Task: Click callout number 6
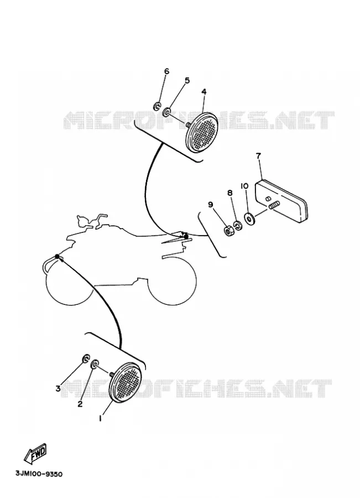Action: [166, 71]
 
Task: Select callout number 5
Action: [187, 80]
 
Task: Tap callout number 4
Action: [204, 91]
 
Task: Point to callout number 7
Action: [258, 155]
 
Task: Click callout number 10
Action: [244, 186]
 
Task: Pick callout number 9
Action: [211, 205]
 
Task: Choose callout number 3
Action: [58, 388]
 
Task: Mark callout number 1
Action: [100, 419]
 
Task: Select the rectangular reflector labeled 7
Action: [280, 200]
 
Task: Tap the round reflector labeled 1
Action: [126, 383]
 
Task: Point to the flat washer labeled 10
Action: [249, 218]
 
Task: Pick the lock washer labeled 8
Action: [237, 226]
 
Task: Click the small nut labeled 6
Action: [157, 106]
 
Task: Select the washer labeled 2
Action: [95, 364]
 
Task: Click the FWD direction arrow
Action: [35, 453]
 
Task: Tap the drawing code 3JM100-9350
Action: [39, 474]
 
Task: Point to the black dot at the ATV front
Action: [57, 256]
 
